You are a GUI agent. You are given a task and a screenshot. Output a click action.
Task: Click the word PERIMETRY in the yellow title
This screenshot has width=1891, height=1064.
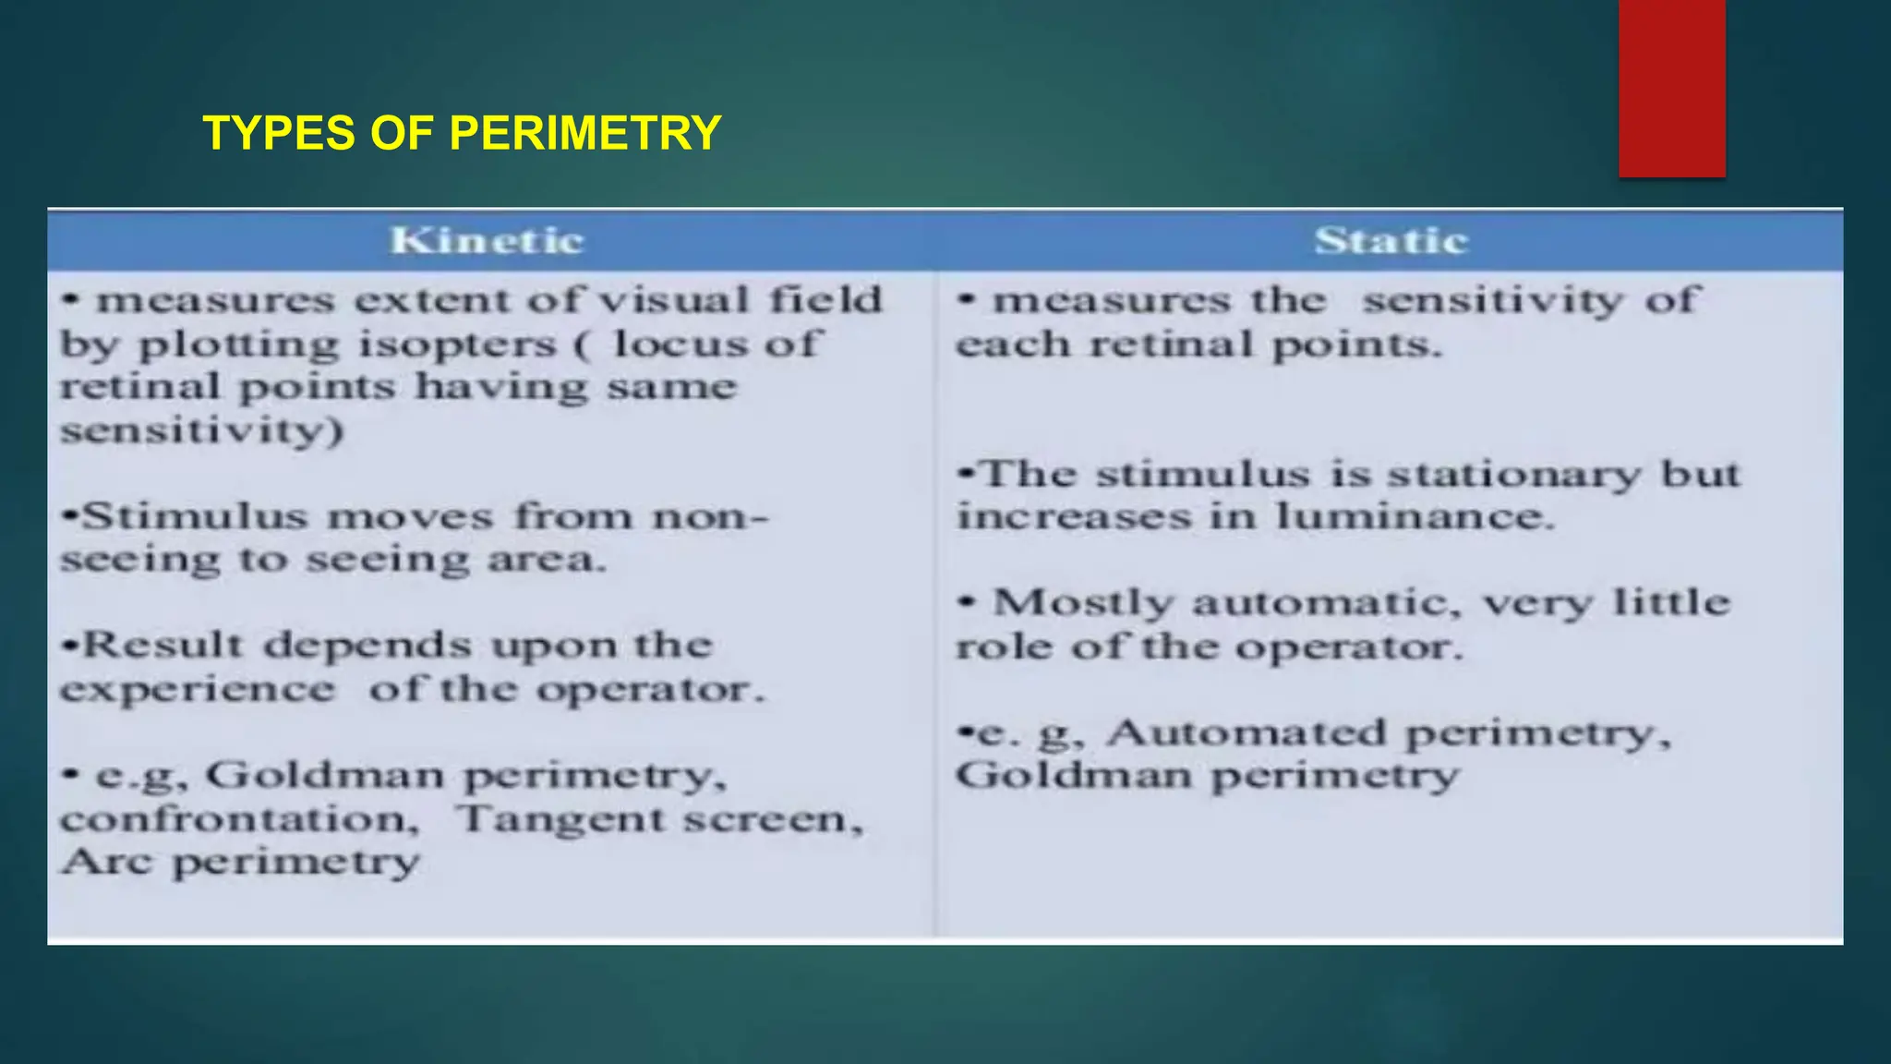pos(584,133)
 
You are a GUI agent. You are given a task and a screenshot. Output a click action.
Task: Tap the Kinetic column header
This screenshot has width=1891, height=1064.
pos(487,241)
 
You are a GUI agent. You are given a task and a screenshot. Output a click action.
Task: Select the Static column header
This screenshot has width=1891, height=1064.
pos(1391,241)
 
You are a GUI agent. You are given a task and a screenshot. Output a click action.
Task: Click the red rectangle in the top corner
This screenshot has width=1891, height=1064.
pos(1671,88)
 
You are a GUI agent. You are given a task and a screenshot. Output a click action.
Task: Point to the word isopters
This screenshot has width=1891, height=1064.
pos(457,345)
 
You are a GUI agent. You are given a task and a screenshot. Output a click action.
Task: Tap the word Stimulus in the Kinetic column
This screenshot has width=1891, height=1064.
pos(194,516)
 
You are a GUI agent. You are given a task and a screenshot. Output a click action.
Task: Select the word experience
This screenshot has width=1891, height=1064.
pos(198,689)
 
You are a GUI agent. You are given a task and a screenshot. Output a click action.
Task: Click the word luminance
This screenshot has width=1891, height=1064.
pos(1415,516)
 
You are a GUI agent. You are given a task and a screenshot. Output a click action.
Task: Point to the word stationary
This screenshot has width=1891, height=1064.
pos(1514,475)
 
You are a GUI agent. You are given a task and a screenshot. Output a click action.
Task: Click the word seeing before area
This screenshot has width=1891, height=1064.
pos(387,560)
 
